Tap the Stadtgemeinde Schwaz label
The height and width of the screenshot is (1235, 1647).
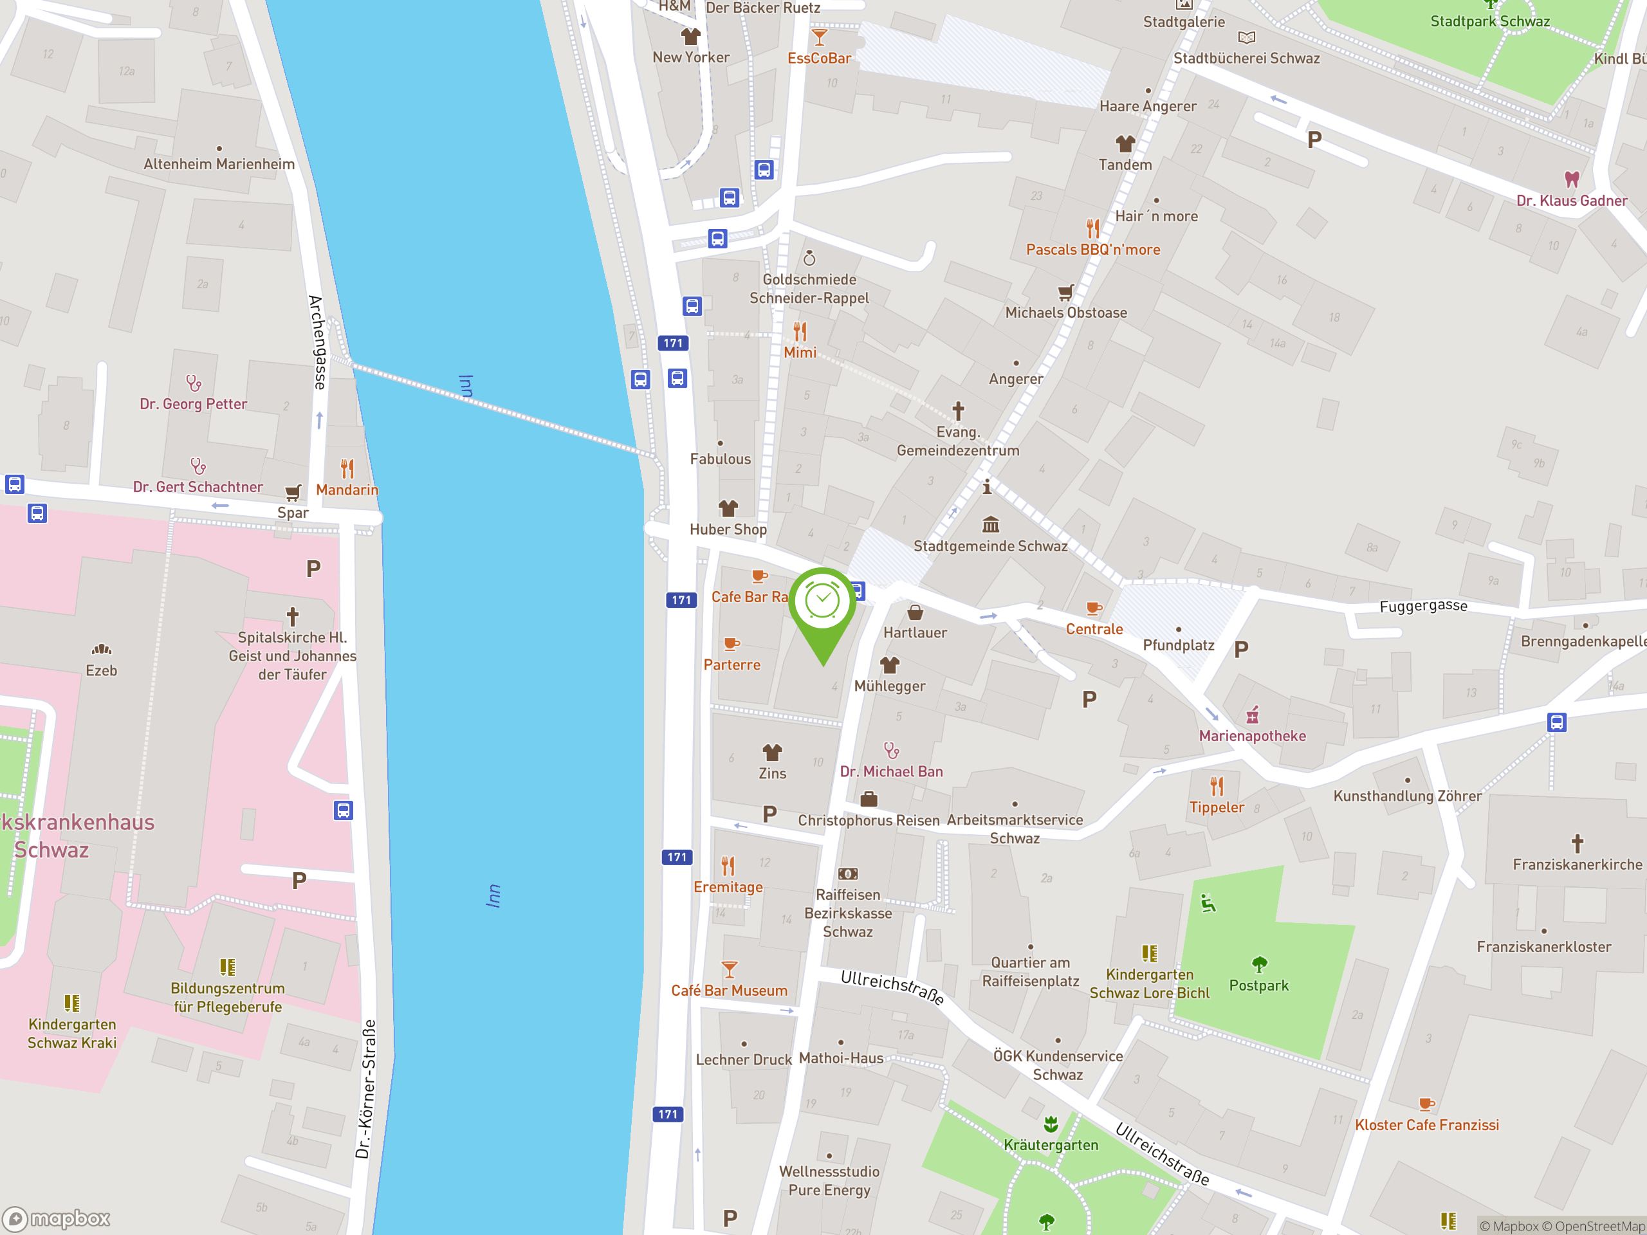[x=990, y=545]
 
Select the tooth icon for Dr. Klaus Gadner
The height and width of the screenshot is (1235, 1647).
[x=1571, y=179]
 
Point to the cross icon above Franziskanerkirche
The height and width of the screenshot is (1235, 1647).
[x=1577, y=843]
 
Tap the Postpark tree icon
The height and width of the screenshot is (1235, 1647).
[x=1259, y=965]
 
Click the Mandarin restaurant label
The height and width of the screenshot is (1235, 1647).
[x=347, y=490]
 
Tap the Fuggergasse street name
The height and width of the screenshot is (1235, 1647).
[x=1423, y=606]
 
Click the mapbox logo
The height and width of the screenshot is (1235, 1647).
[x=57, y=1219]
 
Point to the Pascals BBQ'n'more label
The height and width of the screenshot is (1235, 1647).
[x=1092, y=250]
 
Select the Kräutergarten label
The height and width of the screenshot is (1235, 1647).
[x=1050, y=1145]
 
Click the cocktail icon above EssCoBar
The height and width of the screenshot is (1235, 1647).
[x=819, y=37]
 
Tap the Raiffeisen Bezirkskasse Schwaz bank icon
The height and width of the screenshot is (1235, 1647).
[x=847, y=874]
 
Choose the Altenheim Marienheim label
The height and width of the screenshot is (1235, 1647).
[x=219, y=164]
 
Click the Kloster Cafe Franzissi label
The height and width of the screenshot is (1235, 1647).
[x=1426, y=1125]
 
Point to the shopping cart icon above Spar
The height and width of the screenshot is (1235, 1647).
[x=293, y=492]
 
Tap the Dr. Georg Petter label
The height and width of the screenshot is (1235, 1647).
[x=193, y=403]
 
